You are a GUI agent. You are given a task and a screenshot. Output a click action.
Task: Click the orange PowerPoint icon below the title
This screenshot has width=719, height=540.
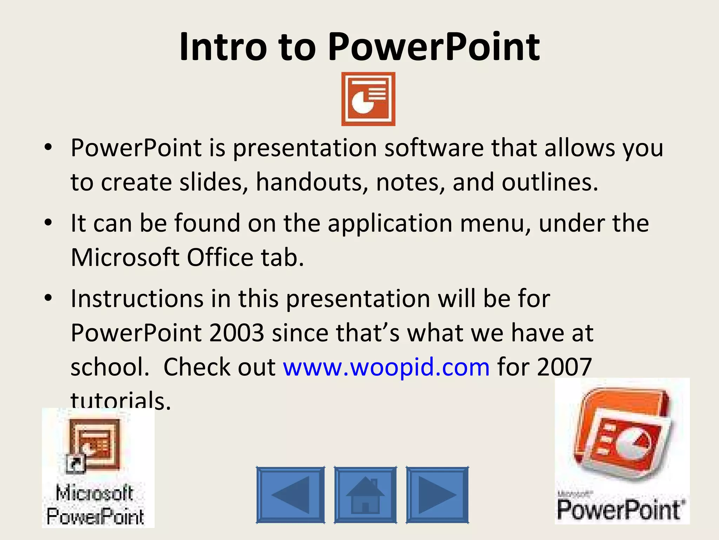coord(368,99)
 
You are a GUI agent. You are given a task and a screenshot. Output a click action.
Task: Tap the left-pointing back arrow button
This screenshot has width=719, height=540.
coord(290,495)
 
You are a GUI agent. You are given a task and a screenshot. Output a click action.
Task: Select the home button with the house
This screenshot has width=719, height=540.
coord(365,495)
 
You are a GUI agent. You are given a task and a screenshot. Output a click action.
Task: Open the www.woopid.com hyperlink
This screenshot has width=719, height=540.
coord(386,367)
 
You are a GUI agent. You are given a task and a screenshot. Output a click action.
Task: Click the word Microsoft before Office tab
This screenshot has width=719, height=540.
coord(125,257)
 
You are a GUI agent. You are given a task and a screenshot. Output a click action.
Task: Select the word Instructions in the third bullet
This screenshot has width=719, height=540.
coord(137,298)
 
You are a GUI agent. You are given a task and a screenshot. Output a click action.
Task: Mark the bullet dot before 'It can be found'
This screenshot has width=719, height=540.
coord(48,223)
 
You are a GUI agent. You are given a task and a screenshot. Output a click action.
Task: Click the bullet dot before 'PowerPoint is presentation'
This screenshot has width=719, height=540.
coord(48,147)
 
